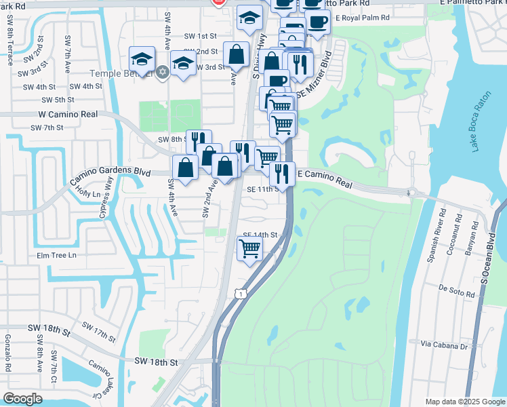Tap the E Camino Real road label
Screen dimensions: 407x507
click(x=325, y=180)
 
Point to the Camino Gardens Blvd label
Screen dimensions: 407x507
click(x=110, y=174)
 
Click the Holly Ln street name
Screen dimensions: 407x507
click(x=88, y=194)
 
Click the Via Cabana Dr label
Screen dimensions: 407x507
click(x=445, y=346)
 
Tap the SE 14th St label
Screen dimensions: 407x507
click(x=260, y=235)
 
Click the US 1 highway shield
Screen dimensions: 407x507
click(x=239, y=293)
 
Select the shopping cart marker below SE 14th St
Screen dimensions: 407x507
click(x=249, y=250)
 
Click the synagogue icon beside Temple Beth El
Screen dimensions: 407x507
click(x=162, y=72)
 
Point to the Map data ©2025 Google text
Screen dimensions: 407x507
click(x=464, y=402)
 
